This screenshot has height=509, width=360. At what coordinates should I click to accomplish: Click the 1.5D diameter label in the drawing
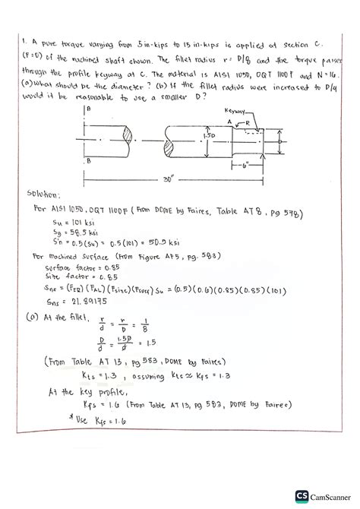click(199, 135)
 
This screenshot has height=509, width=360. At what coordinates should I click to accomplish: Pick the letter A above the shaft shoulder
click(229, 121)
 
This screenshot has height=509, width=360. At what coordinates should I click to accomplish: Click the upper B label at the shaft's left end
click(88, 110)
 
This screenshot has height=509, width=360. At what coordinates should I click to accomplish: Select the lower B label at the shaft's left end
click(88, 161)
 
